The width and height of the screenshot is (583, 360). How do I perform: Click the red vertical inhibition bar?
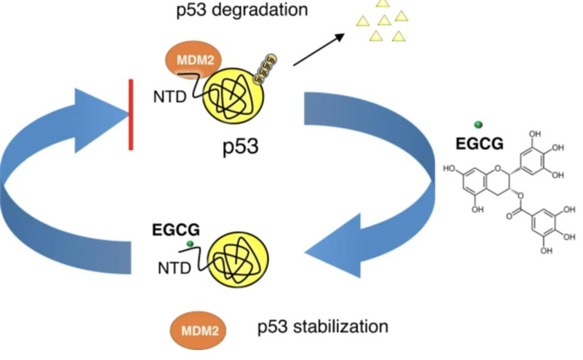point(131,114)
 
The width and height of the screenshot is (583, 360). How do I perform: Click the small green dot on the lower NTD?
point(191,243)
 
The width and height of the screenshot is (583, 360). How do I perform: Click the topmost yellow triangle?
point(382,3)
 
